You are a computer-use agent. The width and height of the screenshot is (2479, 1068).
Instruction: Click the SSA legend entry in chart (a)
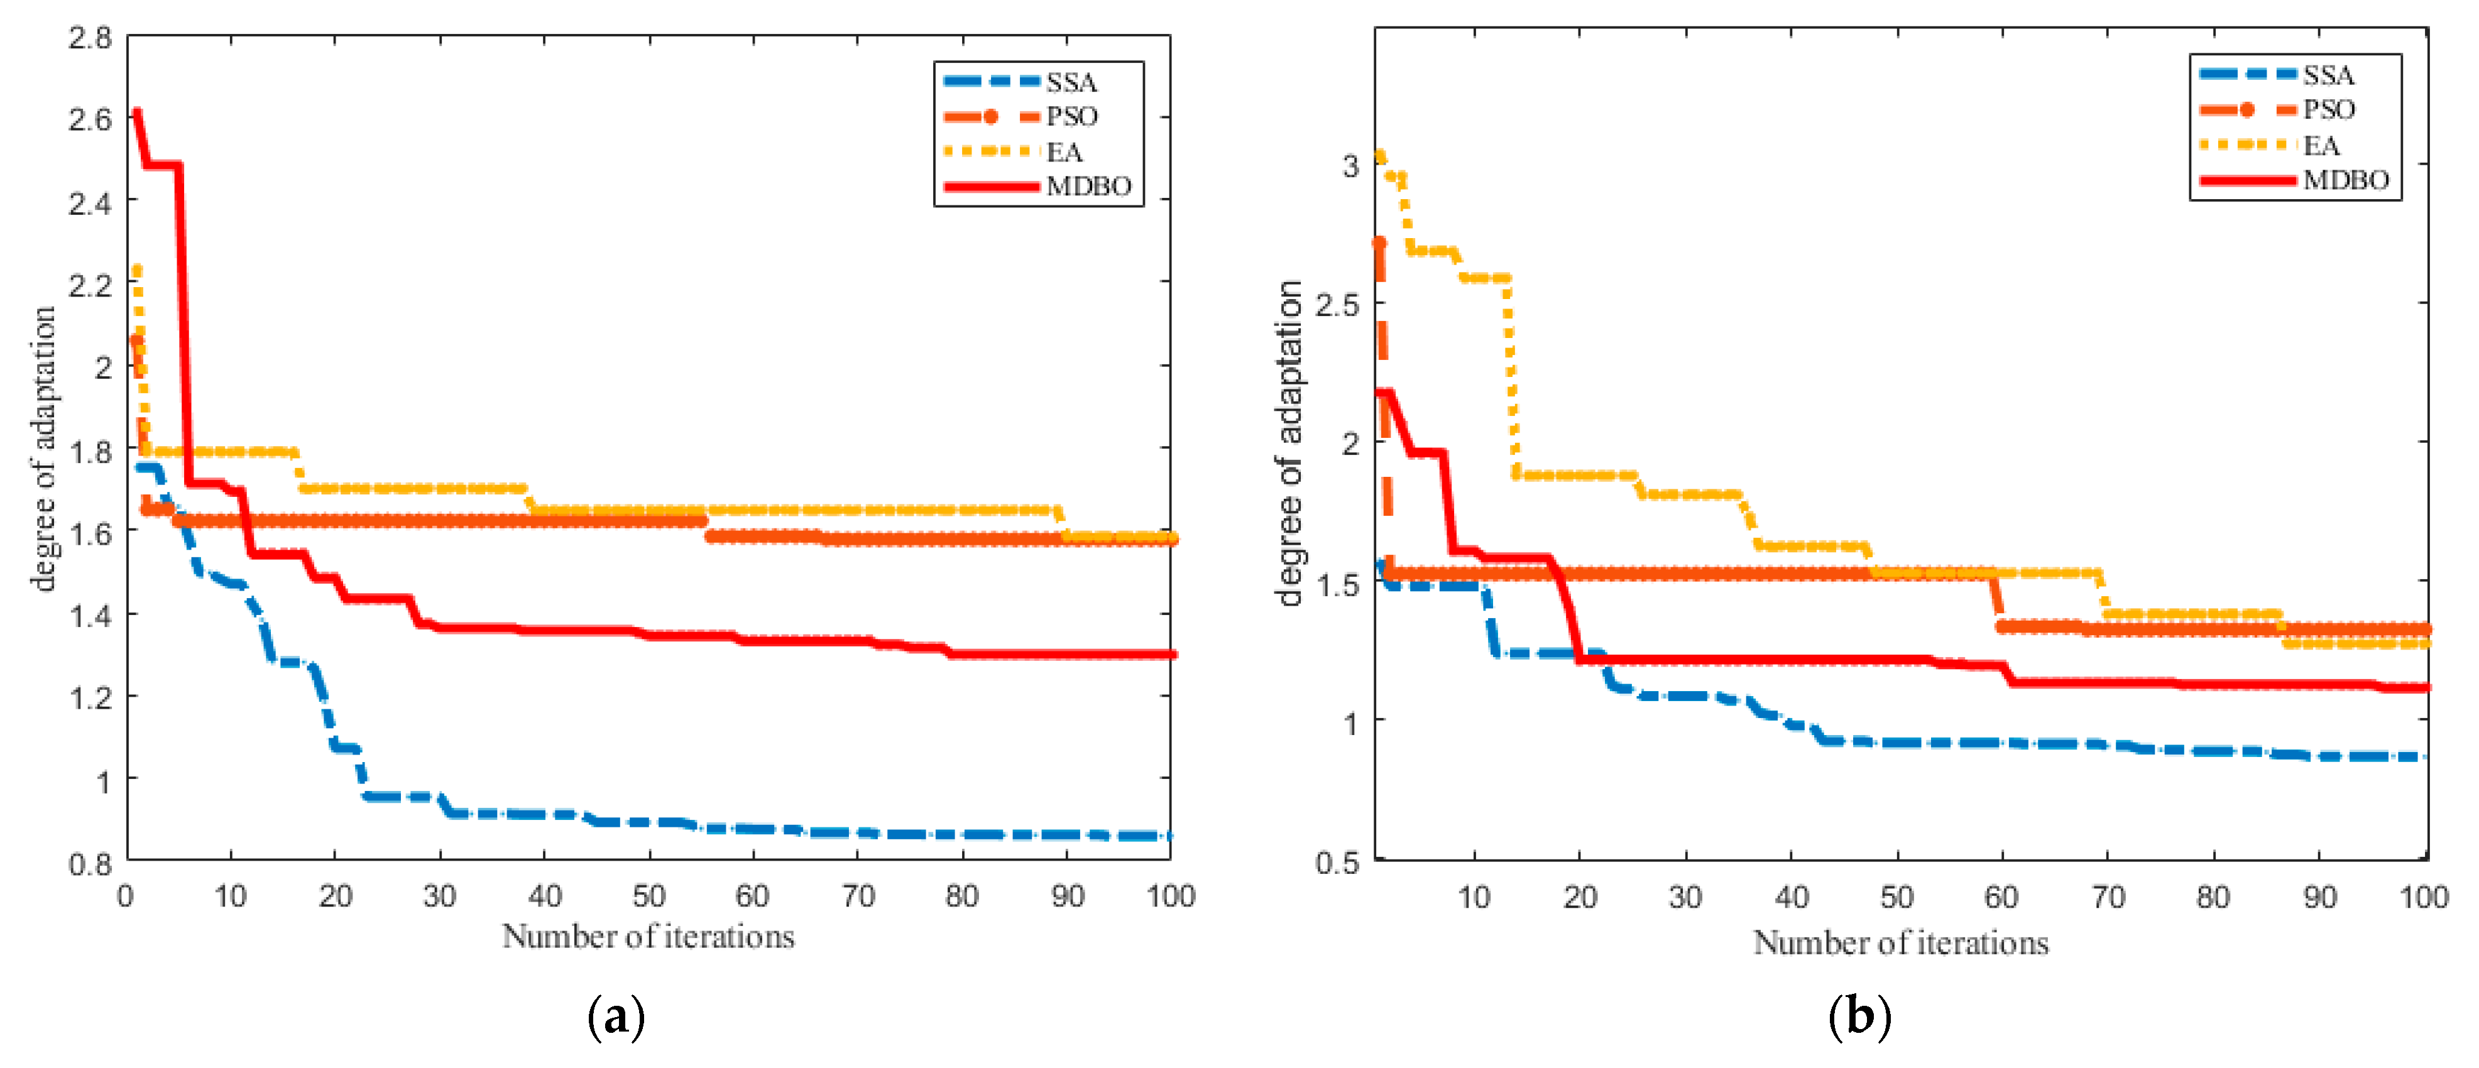[x=1070, y=82]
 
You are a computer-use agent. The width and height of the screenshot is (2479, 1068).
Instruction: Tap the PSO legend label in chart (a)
[x=1071, y=116]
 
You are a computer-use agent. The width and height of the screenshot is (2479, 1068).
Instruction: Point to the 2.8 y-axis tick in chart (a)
[x=89, y=38]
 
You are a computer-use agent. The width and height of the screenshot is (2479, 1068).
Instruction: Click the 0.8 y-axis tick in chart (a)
[x=89, y=863]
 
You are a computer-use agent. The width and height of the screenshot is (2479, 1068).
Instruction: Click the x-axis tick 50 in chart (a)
[x=648, y=896]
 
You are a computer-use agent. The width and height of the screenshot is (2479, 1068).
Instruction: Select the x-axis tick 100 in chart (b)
[x=2423, y=898]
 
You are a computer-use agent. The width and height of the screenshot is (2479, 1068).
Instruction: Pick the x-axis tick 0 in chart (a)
[x=125, y=896]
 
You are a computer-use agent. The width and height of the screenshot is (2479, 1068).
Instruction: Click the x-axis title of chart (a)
[x=648, y=936]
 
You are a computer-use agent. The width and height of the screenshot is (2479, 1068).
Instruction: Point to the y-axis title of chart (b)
[x=1289, y=443]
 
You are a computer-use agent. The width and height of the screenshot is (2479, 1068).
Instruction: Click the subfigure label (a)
[x=615, y=1017]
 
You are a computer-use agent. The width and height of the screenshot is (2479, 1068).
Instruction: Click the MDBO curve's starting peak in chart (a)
[x=136, y=112]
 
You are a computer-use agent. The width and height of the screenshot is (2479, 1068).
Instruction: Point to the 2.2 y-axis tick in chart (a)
[x=89, y=285]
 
